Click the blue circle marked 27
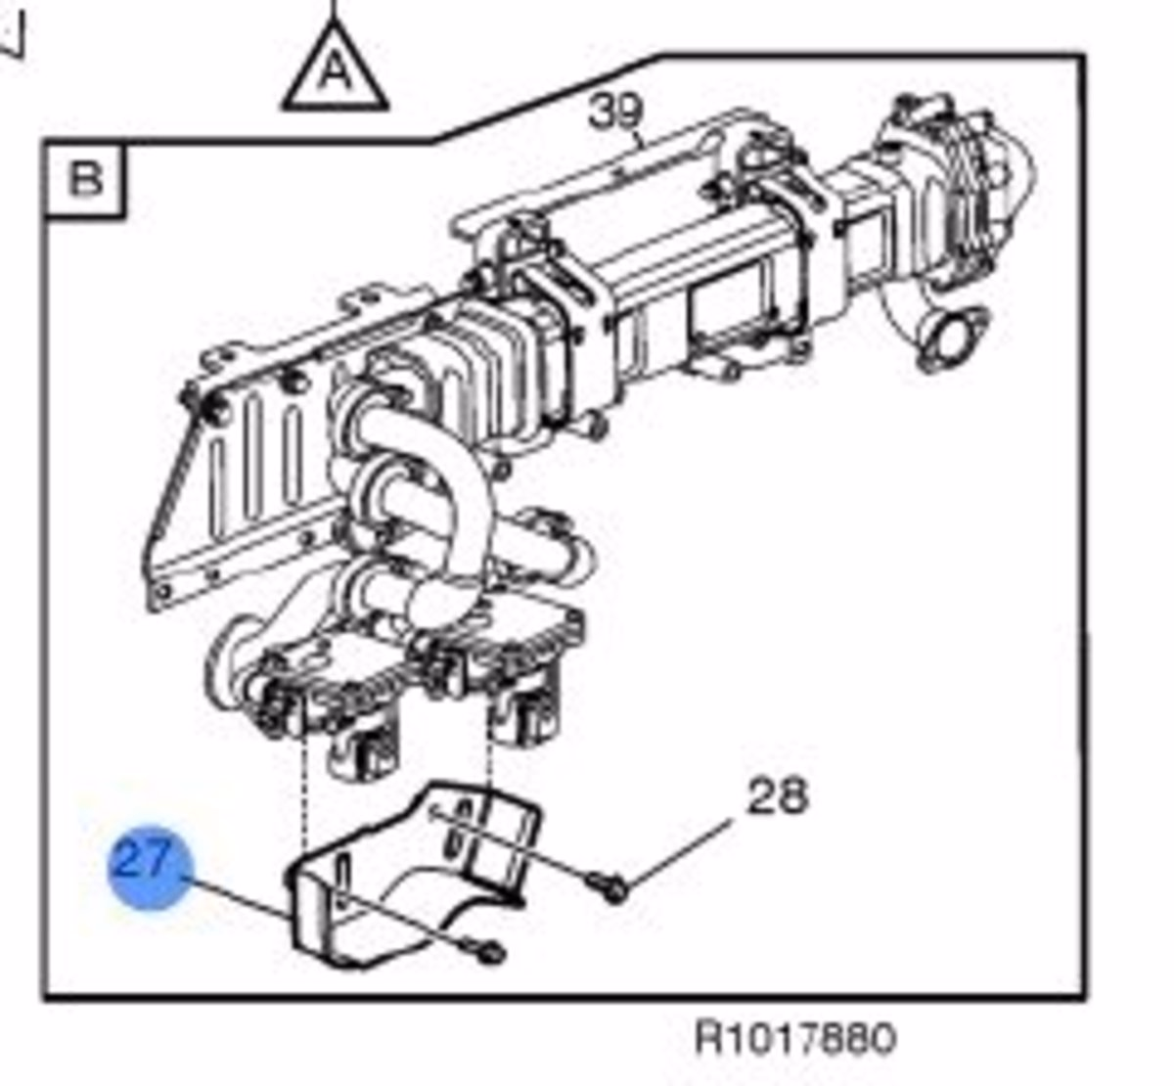coord(150,866)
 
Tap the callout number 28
coord(776,795)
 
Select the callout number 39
coord(614,112)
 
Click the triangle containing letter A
coord(336,74)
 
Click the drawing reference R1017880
coord(795,1038)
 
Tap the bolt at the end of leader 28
coord(609,888)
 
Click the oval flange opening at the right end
coord(951,341)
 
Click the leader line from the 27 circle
coord(237,897)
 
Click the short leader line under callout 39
coord(639,139)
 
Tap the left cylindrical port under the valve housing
coord(362,749)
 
